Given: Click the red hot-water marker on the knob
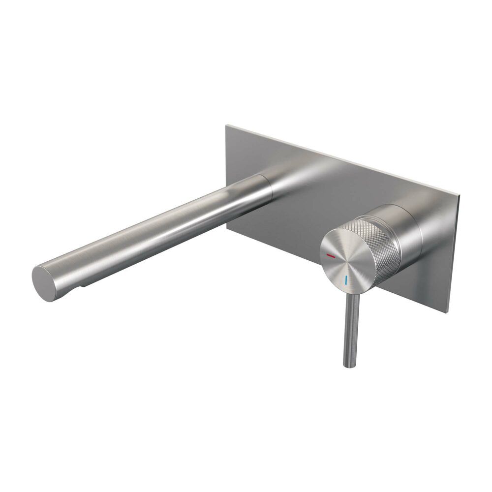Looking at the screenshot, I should [331, 256].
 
